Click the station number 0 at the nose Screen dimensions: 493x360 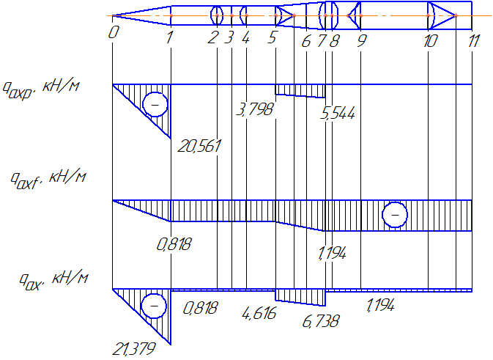coord(114,32)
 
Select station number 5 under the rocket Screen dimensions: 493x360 coord(273,38)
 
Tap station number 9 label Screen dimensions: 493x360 coord(362,40)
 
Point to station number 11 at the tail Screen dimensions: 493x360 coord(474,41)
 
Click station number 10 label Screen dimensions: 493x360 coord(431,41)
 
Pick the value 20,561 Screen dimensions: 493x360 coord(199,146)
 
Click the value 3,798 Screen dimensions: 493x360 coord(255,109)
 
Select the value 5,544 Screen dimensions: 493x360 coord(338,113)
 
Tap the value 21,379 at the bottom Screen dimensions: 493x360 coord(134,349)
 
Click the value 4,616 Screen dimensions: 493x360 coord(259,313)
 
